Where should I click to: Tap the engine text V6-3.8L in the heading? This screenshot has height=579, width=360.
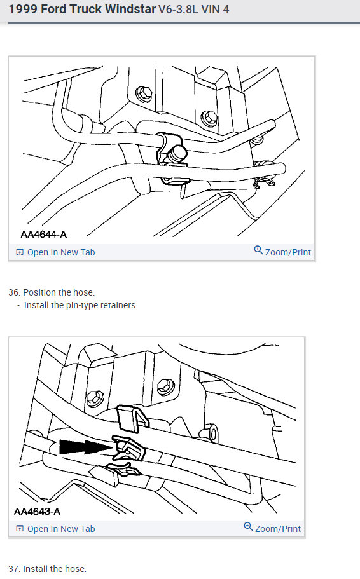click(x=180, y=11)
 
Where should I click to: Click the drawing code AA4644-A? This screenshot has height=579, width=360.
click(x=43, y=234)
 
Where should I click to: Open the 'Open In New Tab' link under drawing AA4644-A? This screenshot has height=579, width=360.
click(x=60, y=252)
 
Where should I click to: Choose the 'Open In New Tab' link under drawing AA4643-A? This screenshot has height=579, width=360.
click(x=60, y=529)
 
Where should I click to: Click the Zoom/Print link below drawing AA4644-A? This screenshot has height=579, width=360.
click(x=287, y=252)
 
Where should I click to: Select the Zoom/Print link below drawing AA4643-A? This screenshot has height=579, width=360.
click(x=278, y=529)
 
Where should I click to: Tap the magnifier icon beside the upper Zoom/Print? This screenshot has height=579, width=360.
click(x=258, y=251)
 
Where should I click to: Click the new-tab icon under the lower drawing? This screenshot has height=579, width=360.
click(x=20, y=529)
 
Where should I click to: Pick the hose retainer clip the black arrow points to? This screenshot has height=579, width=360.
click(x=129, y=449)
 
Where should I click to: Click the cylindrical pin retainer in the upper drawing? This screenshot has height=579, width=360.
click(x=178, y=153)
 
